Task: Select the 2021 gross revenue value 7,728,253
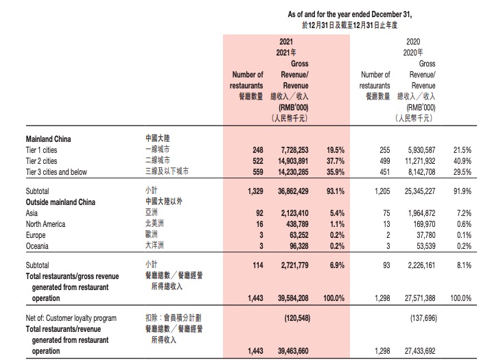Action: [299, 149]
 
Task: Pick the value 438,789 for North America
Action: [304, 224]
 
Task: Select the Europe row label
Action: [36, 235]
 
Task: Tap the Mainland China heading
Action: [49, 139]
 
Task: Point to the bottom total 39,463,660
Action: [297, 351]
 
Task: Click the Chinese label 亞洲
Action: [155, 213]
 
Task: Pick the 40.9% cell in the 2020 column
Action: [462, 160]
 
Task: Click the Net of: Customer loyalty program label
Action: [71, 318]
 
